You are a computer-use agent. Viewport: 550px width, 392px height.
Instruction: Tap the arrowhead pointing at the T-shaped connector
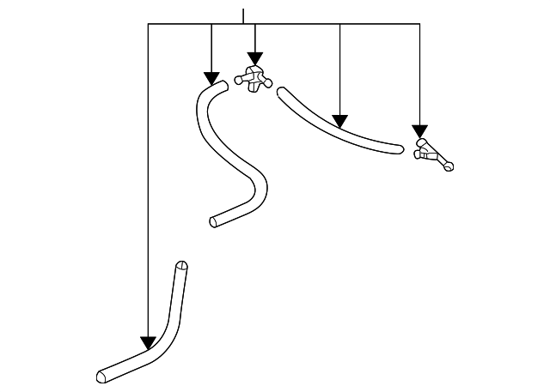pyautogui.click(x=255, y=59)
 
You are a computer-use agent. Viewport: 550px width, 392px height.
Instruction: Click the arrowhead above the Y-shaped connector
pyautogui.click(x=419, y=131)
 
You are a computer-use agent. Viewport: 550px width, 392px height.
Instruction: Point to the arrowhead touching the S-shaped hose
pyautogui.click(x=211, y=78)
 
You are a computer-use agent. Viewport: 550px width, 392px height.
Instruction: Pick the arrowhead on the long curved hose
pyautogui.click(x=340, y=121)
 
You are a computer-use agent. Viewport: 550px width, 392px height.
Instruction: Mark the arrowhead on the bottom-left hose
pyautogui.click(x=149, y=343)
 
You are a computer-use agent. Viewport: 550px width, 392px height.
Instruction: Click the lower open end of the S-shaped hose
pyautogui.click(x=214, y=222)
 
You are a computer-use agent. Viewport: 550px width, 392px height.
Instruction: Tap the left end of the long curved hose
pyautogui.click(x=281, y=91)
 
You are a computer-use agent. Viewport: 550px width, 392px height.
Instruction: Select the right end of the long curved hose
pyautogui.click(x=399, y=149)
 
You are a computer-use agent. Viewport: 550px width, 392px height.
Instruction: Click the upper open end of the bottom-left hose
pyautogui.click(x=181, y=266)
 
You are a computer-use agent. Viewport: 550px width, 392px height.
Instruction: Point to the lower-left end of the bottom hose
pyautogui.click(x=102, y=376)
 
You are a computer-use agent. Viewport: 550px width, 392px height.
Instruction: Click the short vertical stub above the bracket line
pyautogui.click(x=244, y=16)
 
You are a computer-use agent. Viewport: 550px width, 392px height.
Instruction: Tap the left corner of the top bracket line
pyautogui.click(x=149, y=24)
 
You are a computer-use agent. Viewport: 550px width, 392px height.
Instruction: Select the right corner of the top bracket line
pyautogui.click(x=419, y=24)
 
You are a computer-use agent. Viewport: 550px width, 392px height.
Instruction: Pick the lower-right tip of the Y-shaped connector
pyautogui.click(x=448, y=166)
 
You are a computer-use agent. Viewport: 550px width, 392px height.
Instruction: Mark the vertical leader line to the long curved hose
pyautogui.click(x=340, y=69)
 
